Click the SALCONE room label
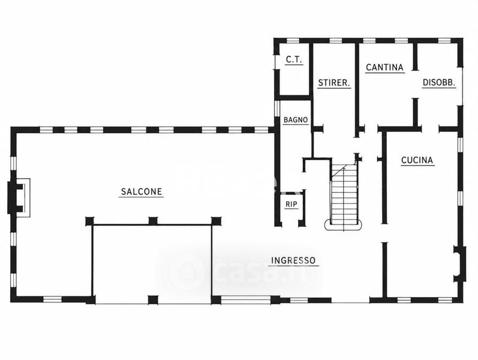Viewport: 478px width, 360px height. click(142, 191)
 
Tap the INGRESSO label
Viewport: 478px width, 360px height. click(293, 260)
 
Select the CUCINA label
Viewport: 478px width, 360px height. click(417, 160)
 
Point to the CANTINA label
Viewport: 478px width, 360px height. click(384, 67)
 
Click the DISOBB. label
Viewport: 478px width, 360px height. click(438, 82)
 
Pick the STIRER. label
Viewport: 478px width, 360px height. click(334, 83)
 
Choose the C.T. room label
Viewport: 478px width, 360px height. click(294, 59)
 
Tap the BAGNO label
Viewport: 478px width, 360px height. click(296, 120)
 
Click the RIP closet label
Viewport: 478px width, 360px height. click(291, 205)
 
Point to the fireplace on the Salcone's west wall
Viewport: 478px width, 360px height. click(18, 197)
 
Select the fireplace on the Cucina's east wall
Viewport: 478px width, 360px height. click(460, 264)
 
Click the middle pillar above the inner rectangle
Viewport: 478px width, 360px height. click(153, 221)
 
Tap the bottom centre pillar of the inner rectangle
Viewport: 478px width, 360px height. click(153, 300)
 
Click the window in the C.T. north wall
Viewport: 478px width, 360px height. click(293, 41)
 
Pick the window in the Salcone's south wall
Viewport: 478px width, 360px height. click(52, 299)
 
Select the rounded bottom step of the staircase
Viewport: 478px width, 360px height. click(344, 225)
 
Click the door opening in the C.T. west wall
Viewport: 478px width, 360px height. click(277, 62)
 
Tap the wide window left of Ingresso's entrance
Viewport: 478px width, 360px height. click(246, 300)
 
